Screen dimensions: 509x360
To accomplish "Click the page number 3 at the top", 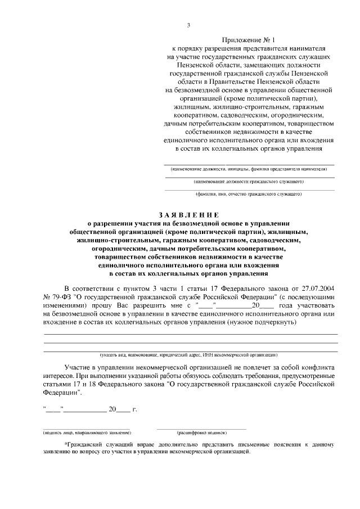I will coord(188,25).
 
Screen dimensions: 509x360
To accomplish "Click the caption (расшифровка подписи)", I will coord(202,433).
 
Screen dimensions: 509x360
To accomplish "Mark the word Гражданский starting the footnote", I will coord(85,445).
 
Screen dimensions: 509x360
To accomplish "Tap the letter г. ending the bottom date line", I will coord(135,409).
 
